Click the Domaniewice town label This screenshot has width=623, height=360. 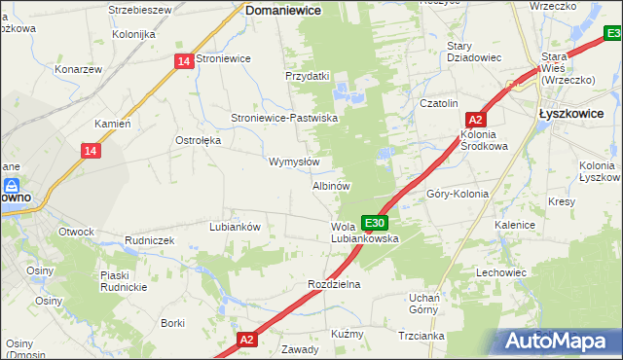(282, 10)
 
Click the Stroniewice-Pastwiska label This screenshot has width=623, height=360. (283, 118)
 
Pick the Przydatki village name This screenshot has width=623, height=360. (308, 76)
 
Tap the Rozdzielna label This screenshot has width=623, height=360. (334, 284)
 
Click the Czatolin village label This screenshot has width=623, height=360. (438, 103)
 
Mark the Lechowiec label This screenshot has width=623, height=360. (501, 272)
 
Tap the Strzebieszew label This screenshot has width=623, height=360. (140, 10)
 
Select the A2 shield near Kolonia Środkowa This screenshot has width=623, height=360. (476, 119)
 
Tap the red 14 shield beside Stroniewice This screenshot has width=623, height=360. (184, 60)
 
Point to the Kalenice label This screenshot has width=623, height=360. (515, 225)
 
